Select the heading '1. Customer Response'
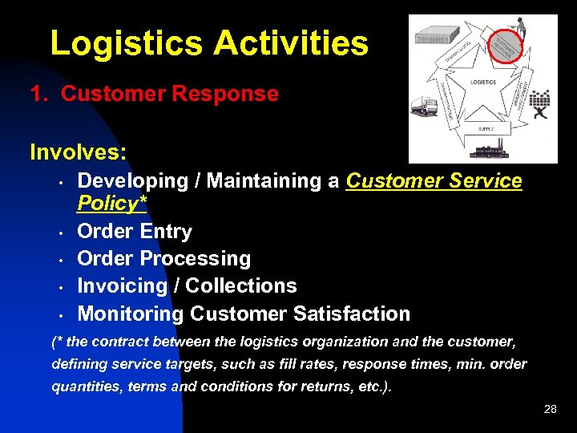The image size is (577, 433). (x=154, y=94)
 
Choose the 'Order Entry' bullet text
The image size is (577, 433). (x=135, y=232)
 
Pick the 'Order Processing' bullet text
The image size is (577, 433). (x=163, y=259)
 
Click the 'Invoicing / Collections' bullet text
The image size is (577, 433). (x=187, y=286)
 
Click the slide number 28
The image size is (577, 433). (x=550, y=409)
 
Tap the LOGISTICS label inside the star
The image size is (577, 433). (x=482, y=82)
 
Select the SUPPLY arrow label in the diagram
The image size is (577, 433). (x=486, y=128)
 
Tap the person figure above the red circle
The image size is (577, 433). (x=519, y=23)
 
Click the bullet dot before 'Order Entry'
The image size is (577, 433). (x=60, y=233)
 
